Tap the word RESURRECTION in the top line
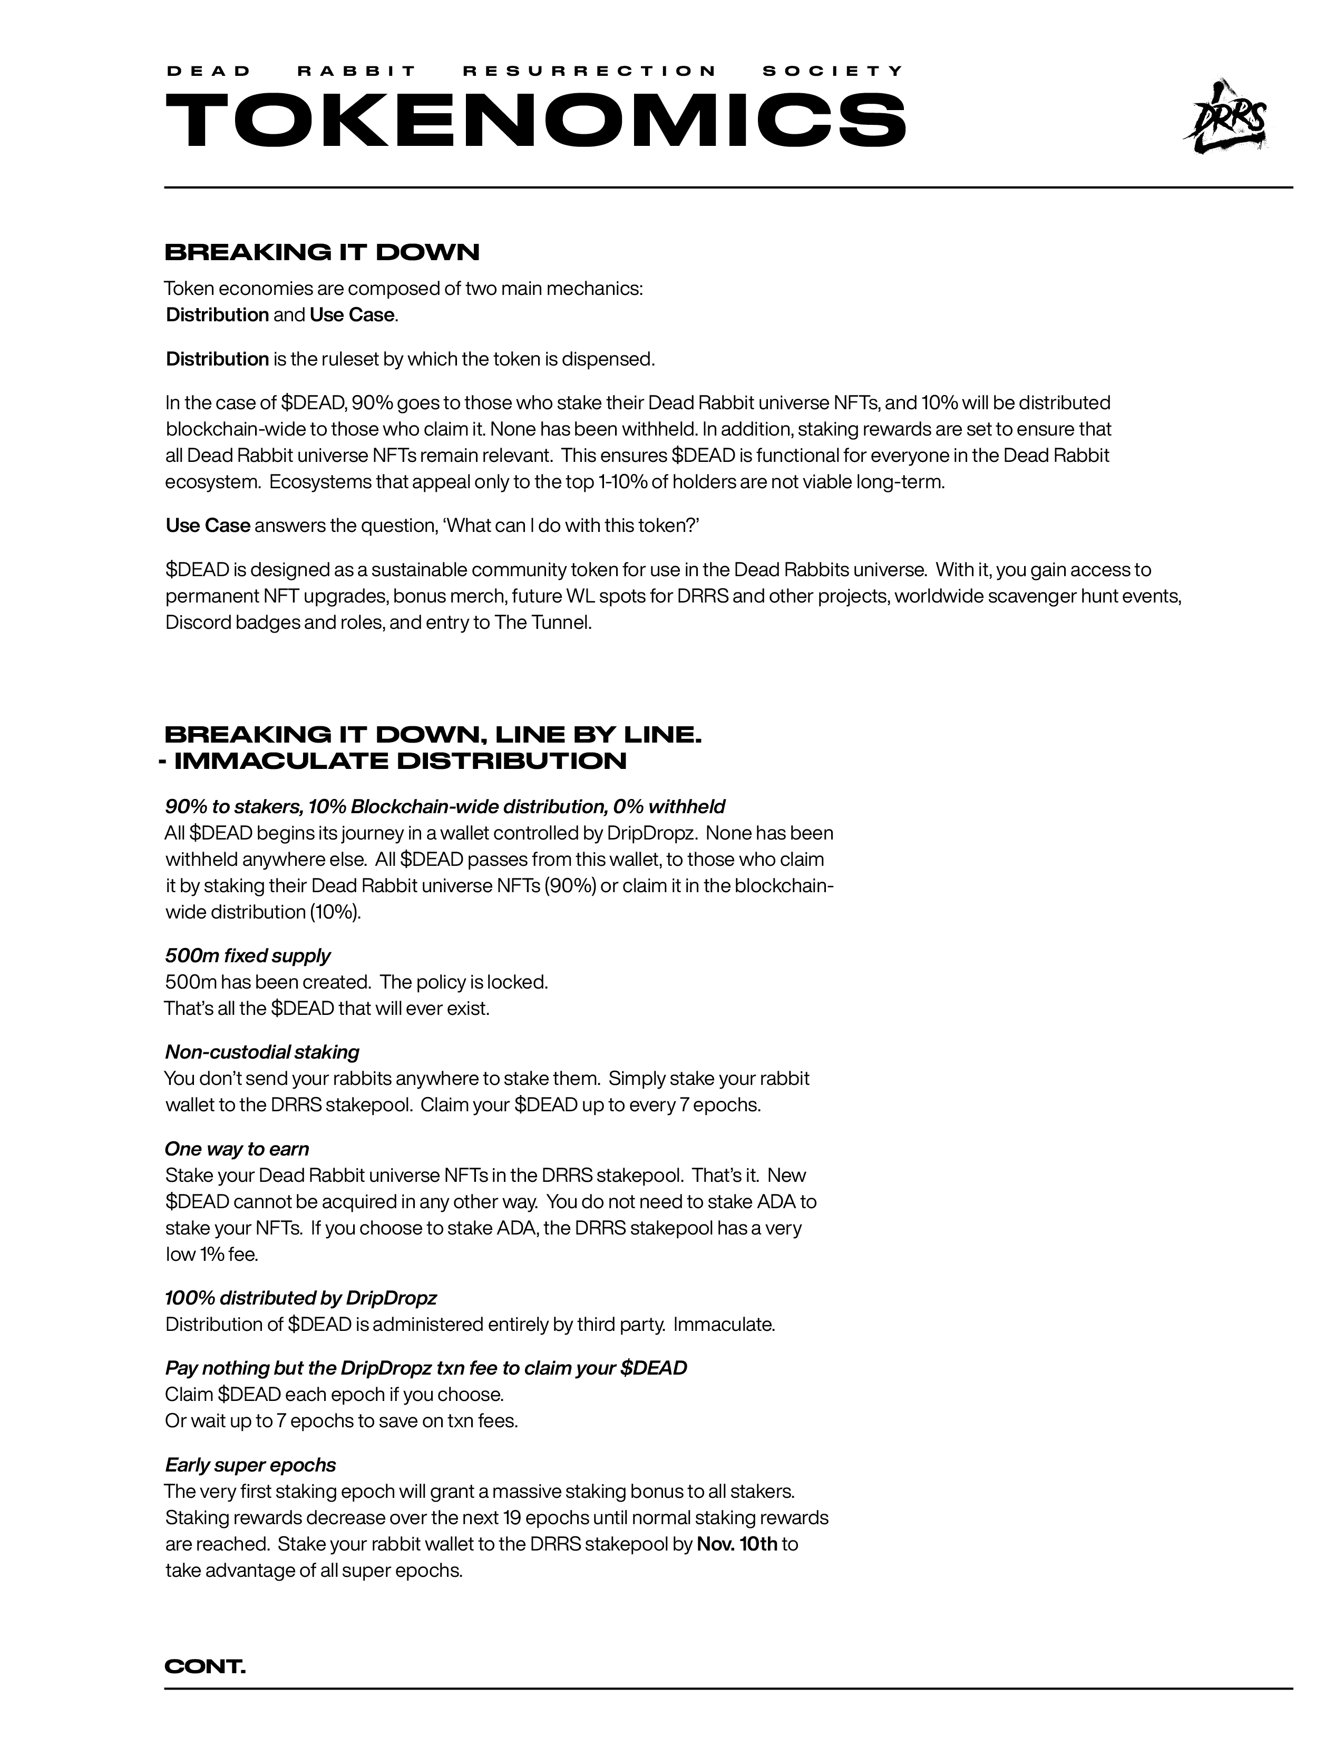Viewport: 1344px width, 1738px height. (589, 71)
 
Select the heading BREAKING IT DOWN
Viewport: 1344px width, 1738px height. (322, 252)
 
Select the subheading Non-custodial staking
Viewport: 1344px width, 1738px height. (262, 1052)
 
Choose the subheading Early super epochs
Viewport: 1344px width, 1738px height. (250, 1465)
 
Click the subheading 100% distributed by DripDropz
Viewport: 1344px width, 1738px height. (301, 1298)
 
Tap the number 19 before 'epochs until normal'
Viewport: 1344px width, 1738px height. (513, 1517)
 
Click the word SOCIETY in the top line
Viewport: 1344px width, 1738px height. (833, 71)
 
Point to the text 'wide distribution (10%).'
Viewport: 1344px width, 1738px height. (264, 912)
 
